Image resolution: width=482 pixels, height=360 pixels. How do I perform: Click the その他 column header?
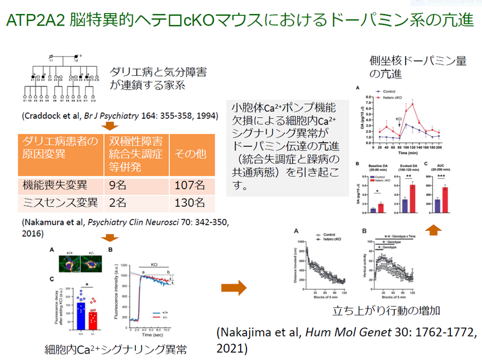coord(191,154)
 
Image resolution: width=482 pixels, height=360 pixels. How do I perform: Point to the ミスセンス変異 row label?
coord(59,203)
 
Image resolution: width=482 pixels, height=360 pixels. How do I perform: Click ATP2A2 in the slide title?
coord(35,22)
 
